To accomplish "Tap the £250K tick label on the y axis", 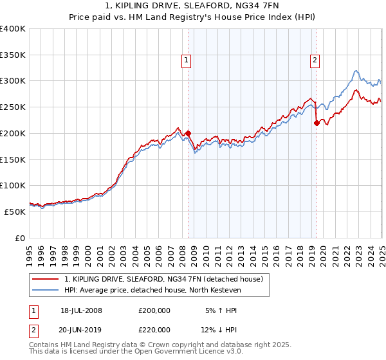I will (x=13, y=107).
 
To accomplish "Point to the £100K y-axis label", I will (x=13, y=185).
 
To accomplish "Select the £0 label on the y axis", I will (x=20, y=238).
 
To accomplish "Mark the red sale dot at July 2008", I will (x=188, y=133).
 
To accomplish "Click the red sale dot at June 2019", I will (x=316, y=123).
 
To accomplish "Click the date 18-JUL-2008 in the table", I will (x=81, y=310).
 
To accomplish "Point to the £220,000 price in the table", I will (x=154, y=330).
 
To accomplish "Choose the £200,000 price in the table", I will (x=154, y=310).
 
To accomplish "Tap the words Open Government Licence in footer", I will (x=178, y=352).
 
